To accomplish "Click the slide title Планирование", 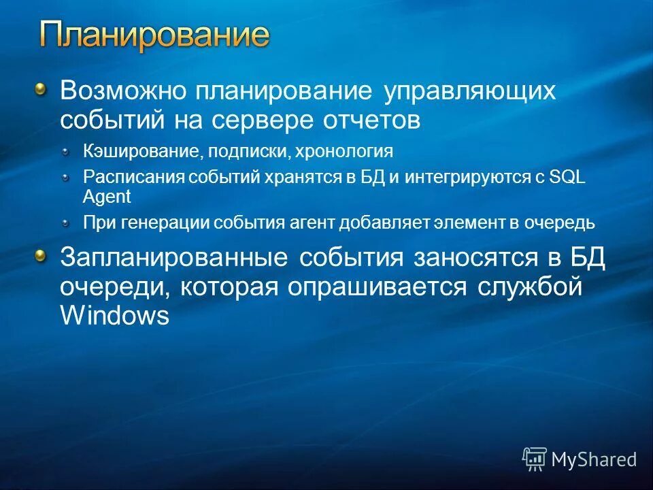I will click(154, 35).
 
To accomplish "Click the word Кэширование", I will click(129, 150).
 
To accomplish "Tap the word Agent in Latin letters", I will click(106, 197).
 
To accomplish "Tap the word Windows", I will click(114, 316).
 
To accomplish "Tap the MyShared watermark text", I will click(594, 459).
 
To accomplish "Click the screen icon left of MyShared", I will click(535, 459).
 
